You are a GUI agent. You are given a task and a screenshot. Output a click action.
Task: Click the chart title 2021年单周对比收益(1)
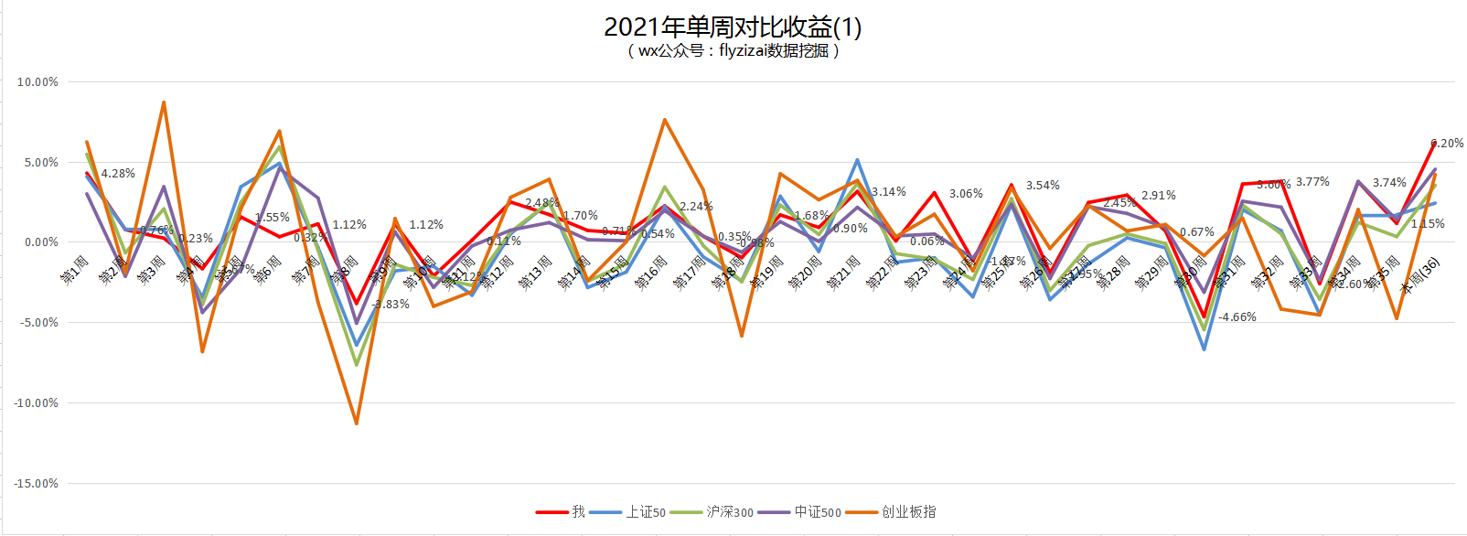[733, 27]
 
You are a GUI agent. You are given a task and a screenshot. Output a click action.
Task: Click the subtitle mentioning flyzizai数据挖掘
[733, 51]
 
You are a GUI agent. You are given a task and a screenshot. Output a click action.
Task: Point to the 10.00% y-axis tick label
[37, 82]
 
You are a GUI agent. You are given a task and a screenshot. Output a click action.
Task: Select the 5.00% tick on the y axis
[41, 163]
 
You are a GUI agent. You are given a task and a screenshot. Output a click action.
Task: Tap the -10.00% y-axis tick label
[37, 403]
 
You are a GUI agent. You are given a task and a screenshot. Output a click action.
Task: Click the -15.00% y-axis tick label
[37, 484]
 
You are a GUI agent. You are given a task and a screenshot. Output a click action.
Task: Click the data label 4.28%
[118, 174]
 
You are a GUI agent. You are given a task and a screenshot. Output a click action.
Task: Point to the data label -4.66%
[1237, 317]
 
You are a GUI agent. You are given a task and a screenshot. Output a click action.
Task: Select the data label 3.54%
[1043, 186]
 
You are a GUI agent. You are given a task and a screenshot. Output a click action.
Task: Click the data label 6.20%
[1447, 144]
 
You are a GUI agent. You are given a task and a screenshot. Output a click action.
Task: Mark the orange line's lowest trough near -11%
[356, 423]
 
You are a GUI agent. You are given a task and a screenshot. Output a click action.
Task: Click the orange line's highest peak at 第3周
[164, 102]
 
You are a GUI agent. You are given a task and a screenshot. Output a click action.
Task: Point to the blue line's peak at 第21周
[857, 160]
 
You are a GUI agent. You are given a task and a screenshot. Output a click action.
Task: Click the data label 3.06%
[966, 194]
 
